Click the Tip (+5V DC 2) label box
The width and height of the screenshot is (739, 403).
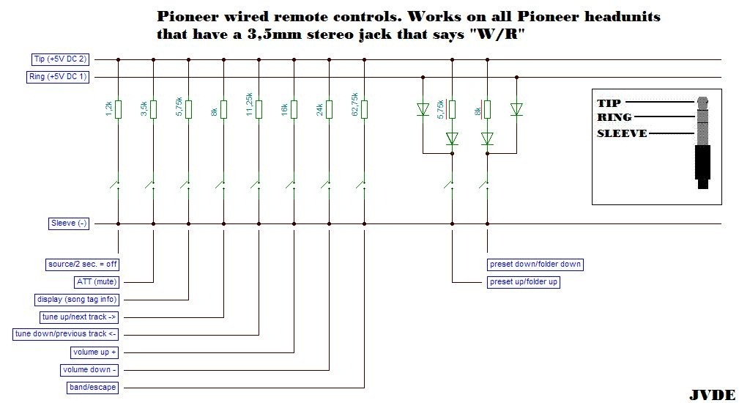pos(62,59)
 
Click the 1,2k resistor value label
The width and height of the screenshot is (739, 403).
pos(108,109)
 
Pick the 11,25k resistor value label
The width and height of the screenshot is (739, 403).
pos(249,106)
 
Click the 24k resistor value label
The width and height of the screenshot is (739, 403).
pos(319,109)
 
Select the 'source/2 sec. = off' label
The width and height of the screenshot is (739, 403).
pos(81,264)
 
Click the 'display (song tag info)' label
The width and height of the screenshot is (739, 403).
pos(77,299)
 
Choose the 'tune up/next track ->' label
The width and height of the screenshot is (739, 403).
pos(79,317)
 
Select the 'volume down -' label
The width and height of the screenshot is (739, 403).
pos(90,369)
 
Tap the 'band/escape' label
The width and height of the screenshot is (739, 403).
pos(91,387)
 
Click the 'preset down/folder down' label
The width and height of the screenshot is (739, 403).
pos(536,264)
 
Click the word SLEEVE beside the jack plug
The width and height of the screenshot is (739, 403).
pos(622,133)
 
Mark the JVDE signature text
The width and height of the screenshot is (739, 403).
pos(712,395)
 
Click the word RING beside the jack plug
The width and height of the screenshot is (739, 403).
pos(614,117)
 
